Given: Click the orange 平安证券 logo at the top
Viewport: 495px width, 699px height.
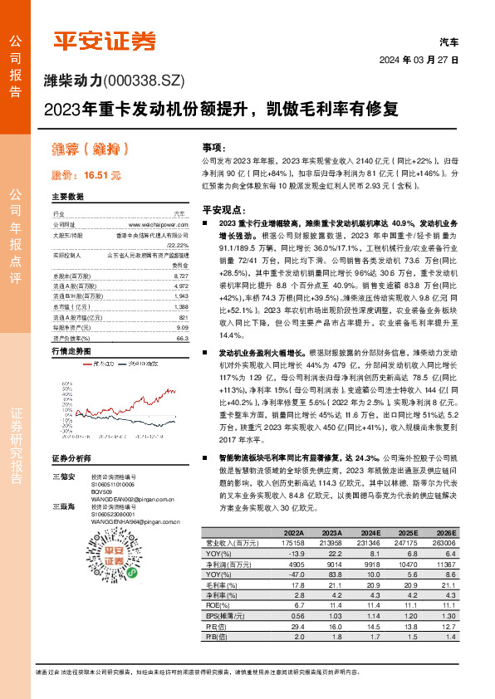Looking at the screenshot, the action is [x=104, y=40].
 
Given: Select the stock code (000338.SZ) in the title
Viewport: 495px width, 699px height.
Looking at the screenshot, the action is [x=144, y=81].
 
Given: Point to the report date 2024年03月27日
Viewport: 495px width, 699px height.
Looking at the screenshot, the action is [x=420, y=60].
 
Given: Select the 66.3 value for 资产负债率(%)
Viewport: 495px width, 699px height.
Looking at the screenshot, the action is [x=182, y=315].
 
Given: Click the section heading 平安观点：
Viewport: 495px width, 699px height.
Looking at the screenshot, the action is [x=225, y=211].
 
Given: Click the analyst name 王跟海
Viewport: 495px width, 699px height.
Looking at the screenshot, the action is [x=63, y=506].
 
